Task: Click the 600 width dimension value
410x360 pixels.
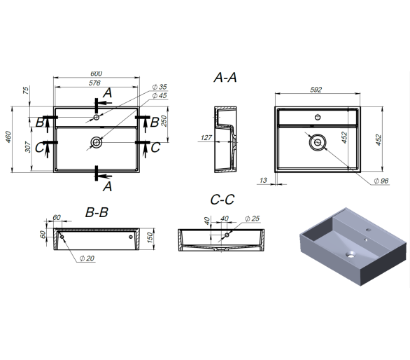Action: [x=97, y=74]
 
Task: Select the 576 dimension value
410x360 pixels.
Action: [x=94, y=83]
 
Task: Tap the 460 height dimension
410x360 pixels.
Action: [x=8, y=137]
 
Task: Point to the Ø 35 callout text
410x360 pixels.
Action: [x=160, y=87]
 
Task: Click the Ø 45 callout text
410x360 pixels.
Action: [x=160, y=95]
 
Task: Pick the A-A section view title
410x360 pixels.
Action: [x=225, y=78]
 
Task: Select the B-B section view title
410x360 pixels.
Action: [x=97, y=212]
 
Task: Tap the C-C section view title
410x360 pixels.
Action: [x=222, y=200]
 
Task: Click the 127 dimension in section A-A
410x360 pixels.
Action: [x=206, y=137]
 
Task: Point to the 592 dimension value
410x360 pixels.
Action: [x=316, y=90]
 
